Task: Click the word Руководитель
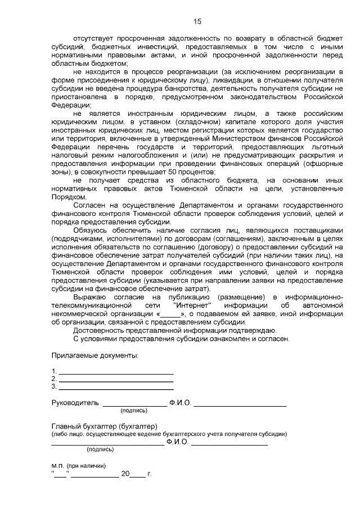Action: click(x=75, y=403)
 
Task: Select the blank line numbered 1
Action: click(x=116, y=372)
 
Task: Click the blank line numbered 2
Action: click(x=116, y=380)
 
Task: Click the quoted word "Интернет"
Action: click(x=186, y=305)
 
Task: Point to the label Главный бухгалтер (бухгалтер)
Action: click(x=104, y=426)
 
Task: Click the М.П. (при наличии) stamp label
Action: click(x=78, y=466)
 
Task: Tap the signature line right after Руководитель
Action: click(x=134, y=404)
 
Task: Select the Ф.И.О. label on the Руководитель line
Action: click(x=180, y=403)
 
